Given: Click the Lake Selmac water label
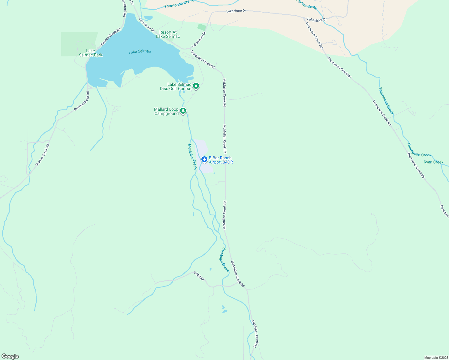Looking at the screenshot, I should (140, 52).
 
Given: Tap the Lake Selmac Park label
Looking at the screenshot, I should (90, 53).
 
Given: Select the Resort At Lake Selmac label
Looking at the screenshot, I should (168, 34).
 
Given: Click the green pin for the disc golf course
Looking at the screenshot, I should (196, 86).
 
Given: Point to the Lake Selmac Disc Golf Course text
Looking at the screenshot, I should (176, 86).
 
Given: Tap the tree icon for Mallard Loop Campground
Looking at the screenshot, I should (183, 111).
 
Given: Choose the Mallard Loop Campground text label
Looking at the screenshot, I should (166, 111).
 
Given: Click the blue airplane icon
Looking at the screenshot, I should (204, 159).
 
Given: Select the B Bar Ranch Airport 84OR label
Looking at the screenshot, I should (221, 160).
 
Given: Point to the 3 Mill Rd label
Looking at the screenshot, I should (199, 276).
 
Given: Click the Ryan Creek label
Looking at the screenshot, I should (433, 162).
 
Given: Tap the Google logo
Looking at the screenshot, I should (10, 356).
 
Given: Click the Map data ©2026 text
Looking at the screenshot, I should (436, 358).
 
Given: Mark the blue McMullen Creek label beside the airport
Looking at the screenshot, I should (192, 157).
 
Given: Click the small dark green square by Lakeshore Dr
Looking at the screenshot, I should (202, 27).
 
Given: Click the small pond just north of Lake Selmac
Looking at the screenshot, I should (148, 17).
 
